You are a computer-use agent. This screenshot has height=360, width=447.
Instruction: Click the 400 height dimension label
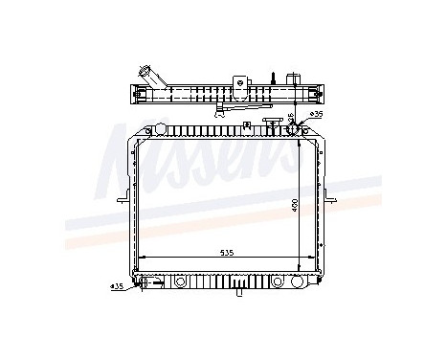296,205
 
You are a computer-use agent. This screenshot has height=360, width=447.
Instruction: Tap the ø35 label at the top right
305,115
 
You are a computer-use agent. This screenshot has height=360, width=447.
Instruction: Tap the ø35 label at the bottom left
117,284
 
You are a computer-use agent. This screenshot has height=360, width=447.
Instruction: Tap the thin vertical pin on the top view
274,78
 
